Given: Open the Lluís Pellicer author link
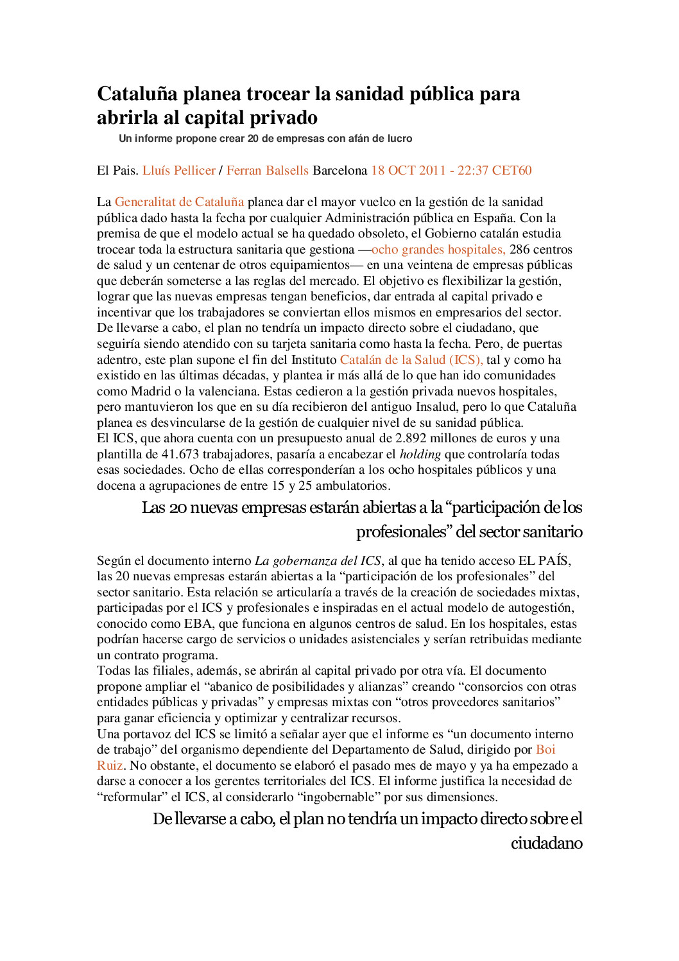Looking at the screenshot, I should point(178,171).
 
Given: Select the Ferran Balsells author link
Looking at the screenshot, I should point(268,171).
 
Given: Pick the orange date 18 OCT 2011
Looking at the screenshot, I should point(408,171).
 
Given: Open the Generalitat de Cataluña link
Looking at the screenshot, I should point(179,202).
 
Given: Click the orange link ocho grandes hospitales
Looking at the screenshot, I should point(438,250).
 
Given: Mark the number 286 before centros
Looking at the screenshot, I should point(519,250).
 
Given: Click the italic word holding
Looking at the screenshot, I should point(420,455).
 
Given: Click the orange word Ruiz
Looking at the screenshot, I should point(110,766).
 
